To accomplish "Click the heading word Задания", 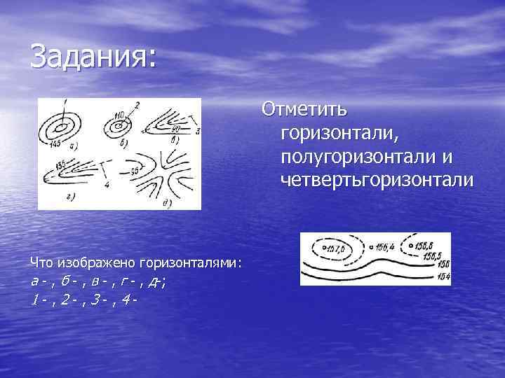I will (x=91, y=56).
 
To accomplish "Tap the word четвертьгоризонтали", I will (x=377, y=180).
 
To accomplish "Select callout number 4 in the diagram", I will (x=106, y=185).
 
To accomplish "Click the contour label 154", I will (x=443, y=276).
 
